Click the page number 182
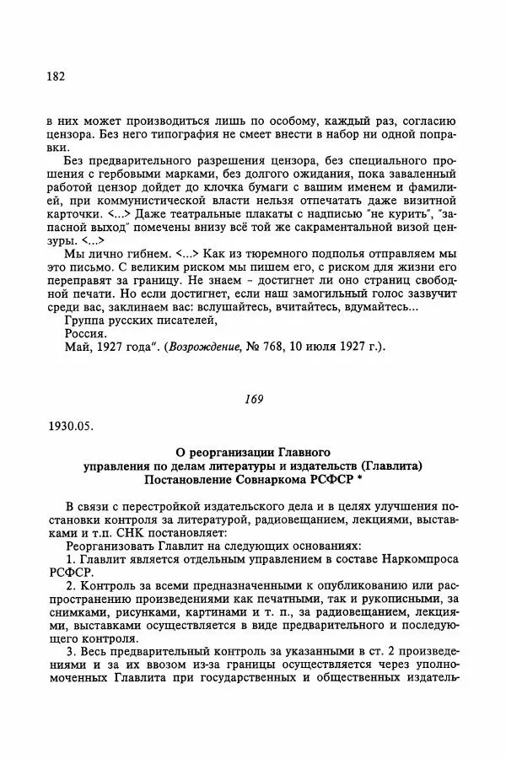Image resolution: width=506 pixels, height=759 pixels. click(x=56, y=78)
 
